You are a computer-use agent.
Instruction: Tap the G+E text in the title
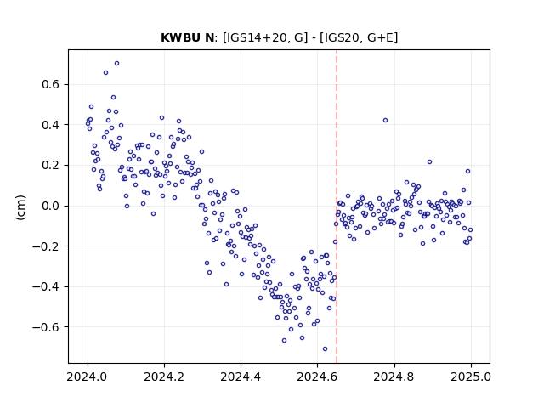[x=380, y=37]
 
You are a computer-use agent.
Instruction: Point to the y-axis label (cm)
[x=20, y=207]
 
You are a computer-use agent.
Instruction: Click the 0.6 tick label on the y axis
[x=51, y=84]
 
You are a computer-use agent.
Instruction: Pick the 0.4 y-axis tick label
[x=51, y=125]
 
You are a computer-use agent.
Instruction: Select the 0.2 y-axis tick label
[x=51, y=166]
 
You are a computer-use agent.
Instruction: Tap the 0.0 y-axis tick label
[x=51, y=206]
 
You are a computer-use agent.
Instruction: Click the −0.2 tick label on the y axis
[x=46, y=246]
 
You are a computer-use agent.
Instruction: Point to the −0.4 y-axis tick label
[x=46, y=287]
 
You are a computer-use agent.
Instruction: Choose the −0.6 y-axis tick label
[x=46, y=327]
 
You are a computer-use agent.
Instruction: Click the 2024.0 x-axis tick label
[x=88, y=377]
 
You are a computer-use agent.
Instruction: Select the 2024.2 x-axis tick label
[x=164, y=377]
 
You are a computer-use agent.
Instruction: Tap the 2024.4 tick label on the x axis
[x=241, y=377]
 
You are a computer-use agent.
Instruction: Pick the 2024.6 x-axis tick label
[x=317, y=377]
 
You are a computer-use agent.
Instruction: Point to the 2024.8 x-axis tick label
[x=394, y=377]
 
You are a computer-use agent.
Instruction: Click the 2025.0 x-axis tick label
[x=471, y=377]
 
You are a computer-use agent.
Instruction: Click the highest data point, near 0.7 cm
[x=117, y=63]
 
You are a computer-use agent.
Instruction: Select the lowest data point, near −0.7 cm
[x=325, y=348]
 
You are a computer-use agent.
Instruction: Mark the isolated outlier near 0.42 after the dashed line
[x=385, y=121]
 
